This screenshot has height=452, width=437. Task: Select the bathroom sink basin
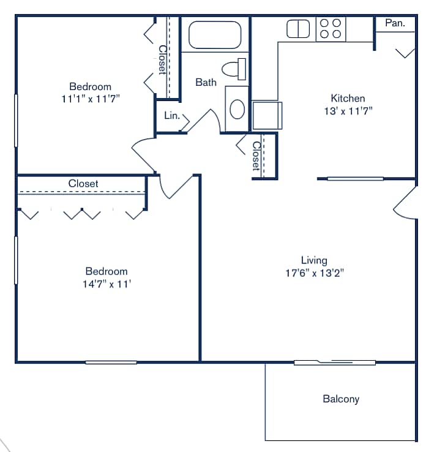[x=237, y=109]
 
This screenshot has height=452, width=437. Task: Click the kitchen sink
[x=299, y=29]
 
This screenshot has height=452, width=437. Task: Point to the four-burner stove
[x=331, y=29]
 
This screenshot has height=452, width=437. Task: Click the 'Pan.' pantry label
[x=395, y=23]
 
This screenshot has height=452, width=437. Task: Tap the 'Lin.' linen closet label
[x=171, y=115]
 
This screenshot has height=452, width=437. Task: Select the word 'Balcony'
[x=341, y=399]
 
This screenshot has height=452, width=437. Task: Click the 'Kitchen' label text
[x=348, y=98]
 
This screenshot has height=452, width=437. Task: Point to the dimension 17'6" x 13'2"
[x=315, y=273]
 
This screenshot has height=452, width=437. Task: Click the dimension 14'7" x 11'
[x=106, y=284]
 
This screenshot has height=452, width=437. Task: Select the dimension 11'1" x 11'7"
[x=90, y=99]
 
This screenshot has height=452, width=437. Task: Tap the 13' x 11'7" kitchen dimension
[x=348, y=111]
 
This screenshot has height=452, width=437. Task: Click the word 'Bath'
[x=206, y=82]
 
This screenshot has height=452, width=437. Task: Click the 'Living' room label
[x=314, y=260]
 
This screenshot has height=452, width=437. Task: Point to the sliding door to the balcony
[x=335, y=363]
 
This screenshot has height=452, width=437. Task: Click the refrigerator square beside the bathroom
[x=267, y=115]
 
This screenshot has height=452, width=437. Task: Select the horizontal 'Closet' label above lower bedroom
[x=83, y=183]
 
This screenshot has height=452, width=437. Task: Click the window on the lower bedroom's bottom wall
[x=111, y=362]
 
